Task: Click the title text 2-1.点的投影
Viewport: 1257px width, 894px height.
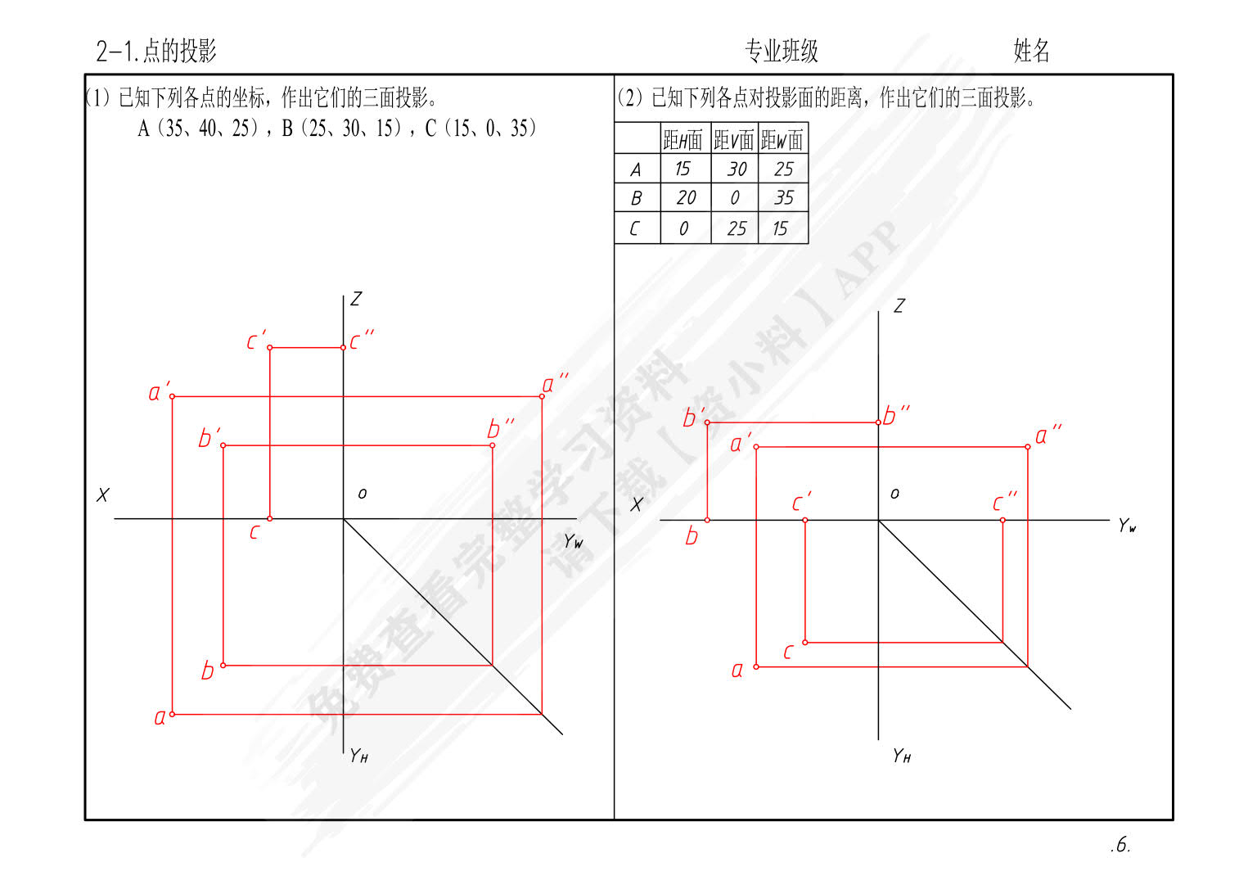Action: [x=156, y=51]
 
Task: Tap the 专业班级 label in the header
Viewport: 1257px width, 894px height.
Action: [x=782, y=51]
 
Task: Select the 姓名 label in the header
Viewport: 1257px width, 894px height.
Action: [x=1031, y=51]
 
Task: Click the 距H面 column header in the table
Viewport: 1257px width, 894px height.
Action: [x=683, y=139]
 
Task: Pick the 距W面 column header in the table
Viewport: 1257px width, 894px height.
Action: [x=782, y=139]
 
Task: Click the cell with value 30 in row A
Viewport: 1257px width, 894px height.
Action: [x=737, y=169]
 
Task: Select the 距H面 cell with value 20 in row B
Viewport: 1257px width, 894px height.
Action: [x=686, y=197]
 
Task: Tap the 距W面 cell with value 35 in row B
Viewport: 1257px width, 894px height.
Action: [x=784, y=197]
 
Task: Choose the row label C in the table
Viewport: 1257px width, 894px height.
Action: [x=635, y=228]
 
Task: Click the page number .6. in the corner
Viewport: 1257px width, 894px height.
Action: [x=1120, y=845]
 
